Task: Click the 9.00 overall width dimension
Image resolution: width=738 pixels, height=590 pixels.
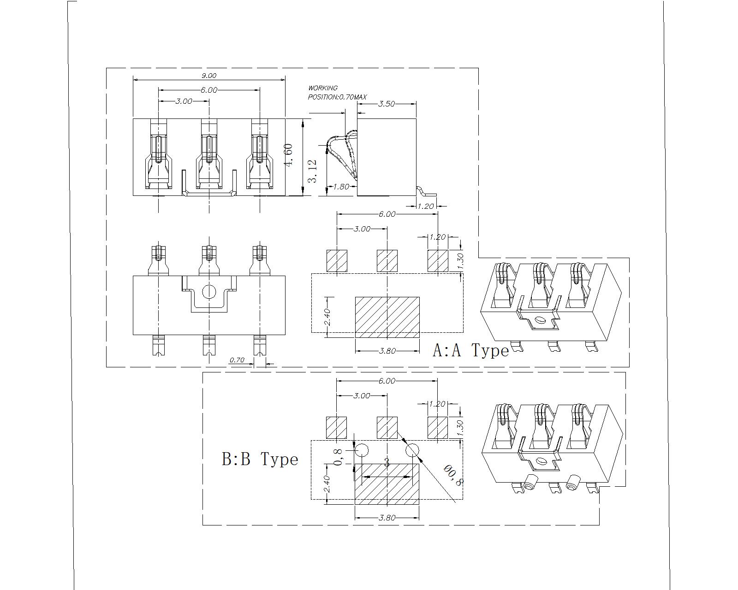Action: [208, 76]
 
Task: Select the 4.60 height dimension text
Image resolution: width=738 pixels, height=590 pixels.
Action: [289, 155]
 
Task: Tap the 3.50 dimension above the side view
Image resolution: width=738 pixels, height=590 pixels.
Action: [387, 104]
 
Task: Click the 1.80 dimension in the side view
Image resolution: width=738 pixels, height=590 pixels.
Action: [340, 187]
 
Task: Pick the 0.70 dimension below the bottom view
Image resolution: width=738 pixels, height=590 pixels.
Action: [237, 360]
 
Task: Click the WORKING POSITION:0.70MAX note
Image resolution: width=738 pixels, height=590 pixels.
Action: [337, 93]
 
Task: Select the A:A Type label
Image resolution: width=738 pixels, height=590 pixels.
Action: [470, 351]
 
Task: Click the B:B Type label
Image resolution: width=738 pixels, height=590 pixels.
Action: [260, 460]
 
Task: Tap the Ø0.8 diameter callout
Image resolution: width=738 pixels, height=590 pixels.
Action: [453, 476]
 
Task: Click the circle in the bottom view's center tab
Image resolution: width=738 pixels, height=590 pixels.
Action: [209, 291]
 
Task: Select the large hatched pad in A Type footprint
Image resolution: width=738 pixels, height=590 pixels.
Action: [387, 317]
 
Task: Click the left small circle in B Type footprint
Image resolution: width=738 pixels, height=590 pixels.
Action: [362, 450]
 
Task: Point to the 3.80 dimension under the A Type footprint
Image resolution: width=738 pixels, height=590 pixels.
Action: [387, 351]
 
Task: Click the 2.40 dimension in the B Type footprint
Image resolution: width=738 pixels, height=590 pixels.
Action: [327, 484]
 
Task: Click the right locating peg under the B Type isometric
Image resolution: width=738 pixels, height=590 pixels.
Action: [573, 482]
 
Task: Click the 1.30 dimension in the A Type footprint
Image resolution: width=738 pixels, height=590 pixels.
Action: [460, 261]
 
